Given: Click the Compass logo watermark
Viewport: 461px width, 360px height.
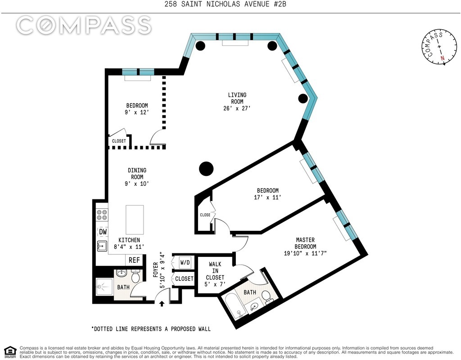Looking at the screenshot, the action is [x=84, y=25].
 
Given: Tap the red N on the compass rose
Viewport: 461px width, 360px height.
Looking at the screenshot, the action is [x=442, y=58].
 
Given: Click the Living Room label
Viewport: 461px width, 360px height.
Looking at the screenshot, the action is [x=237, y=101].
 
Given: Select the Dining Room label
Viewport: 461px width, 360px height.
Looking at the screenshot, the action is [x=137, y=177].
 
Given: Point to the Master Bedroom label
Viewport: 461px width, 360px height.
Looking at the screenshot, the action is [x=306, y=246].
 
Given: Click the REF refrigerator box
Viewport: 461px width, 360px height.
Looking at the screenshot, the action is [x=134, y=260].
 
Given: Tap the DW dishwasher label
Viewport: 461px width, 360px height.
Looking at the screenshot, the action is [x=103, y=232].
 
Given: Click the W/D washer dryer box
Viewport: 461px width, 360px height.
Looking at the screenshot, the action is [x=185, y=262].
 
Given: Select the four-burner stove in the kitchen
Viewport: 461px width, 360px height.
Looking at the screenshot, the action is [x=102, y=215].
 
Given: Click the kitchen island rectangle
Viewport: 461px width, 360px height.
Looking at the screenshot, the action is [x=135, y=220].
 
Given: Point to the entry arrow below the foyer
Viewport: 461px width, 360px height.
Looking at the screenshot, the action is [x=162, y=303].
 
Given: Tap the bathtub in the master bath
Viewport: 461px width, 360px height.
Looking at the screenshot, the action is [x=236, y=307].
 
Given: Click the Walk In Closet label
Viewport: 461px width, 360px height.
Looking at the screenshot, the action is [x=215, y=274].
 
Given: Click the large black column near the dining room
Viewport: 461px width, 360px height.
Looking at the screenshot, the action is [x=206, y=169].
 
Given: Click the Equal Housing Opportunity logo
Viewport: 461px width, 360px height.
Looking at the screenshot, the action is [x=10, y=351].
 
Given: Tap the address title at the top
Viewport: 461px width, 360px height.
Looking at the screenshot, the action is [x=225, y=4].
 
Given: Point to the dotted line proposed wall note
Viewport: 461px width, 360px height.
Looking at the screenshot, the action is [x=151, y=329].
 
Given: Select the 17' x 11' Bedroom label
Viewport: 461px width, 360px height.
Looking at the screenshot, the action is [x=267, y=193].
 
